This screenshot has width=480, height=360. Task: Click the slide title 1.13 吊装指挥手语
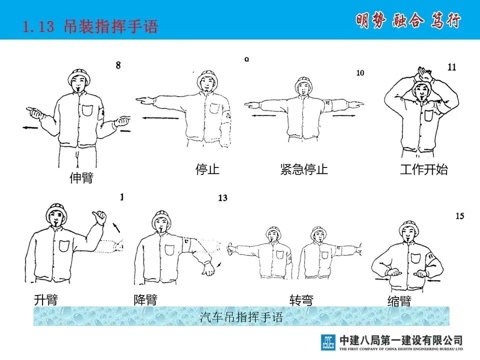[x=90, y=26]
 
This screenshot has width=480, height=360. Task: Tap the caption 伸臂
[x=81, y=177]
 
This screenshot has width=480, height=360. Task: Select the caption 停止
[x=207, y=169]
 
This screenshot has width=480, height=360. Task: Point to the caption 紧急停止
[x=304, y=169]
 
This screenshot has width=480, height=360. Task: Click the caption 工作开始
[x=424, y=169]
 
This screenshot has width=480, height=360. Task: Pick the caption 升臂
[x=46, y=299]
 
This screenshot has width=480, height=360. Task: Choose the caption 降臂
[x=145, y=299]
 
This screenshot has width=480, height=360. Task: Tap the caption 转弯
[x=301, y=300]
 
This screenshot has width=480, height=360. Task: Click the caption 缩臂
[x=399, y=301]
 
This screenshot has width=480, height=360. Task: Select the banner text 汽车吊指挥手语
[x=241, y=317]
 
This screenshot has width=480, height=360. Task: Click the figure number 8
[x=118, y=65]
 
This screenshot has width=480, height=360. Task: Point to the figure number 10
[x=360, y=73]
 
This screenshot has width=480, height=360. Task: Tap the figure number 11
[x=452, y=67]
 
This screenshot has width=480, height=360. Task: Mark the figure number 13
[x=223, y=198]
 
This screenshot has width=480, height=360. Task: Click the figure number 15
[x=460, y=216]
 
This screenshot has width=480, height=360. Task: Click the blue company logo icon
[x=328, y=342]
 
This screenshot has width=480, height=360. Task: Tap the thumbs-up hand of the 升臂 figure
[x=99, y=216]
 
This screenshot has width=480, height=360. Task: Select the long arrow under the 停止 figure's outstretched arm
[x=160, y=118]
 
